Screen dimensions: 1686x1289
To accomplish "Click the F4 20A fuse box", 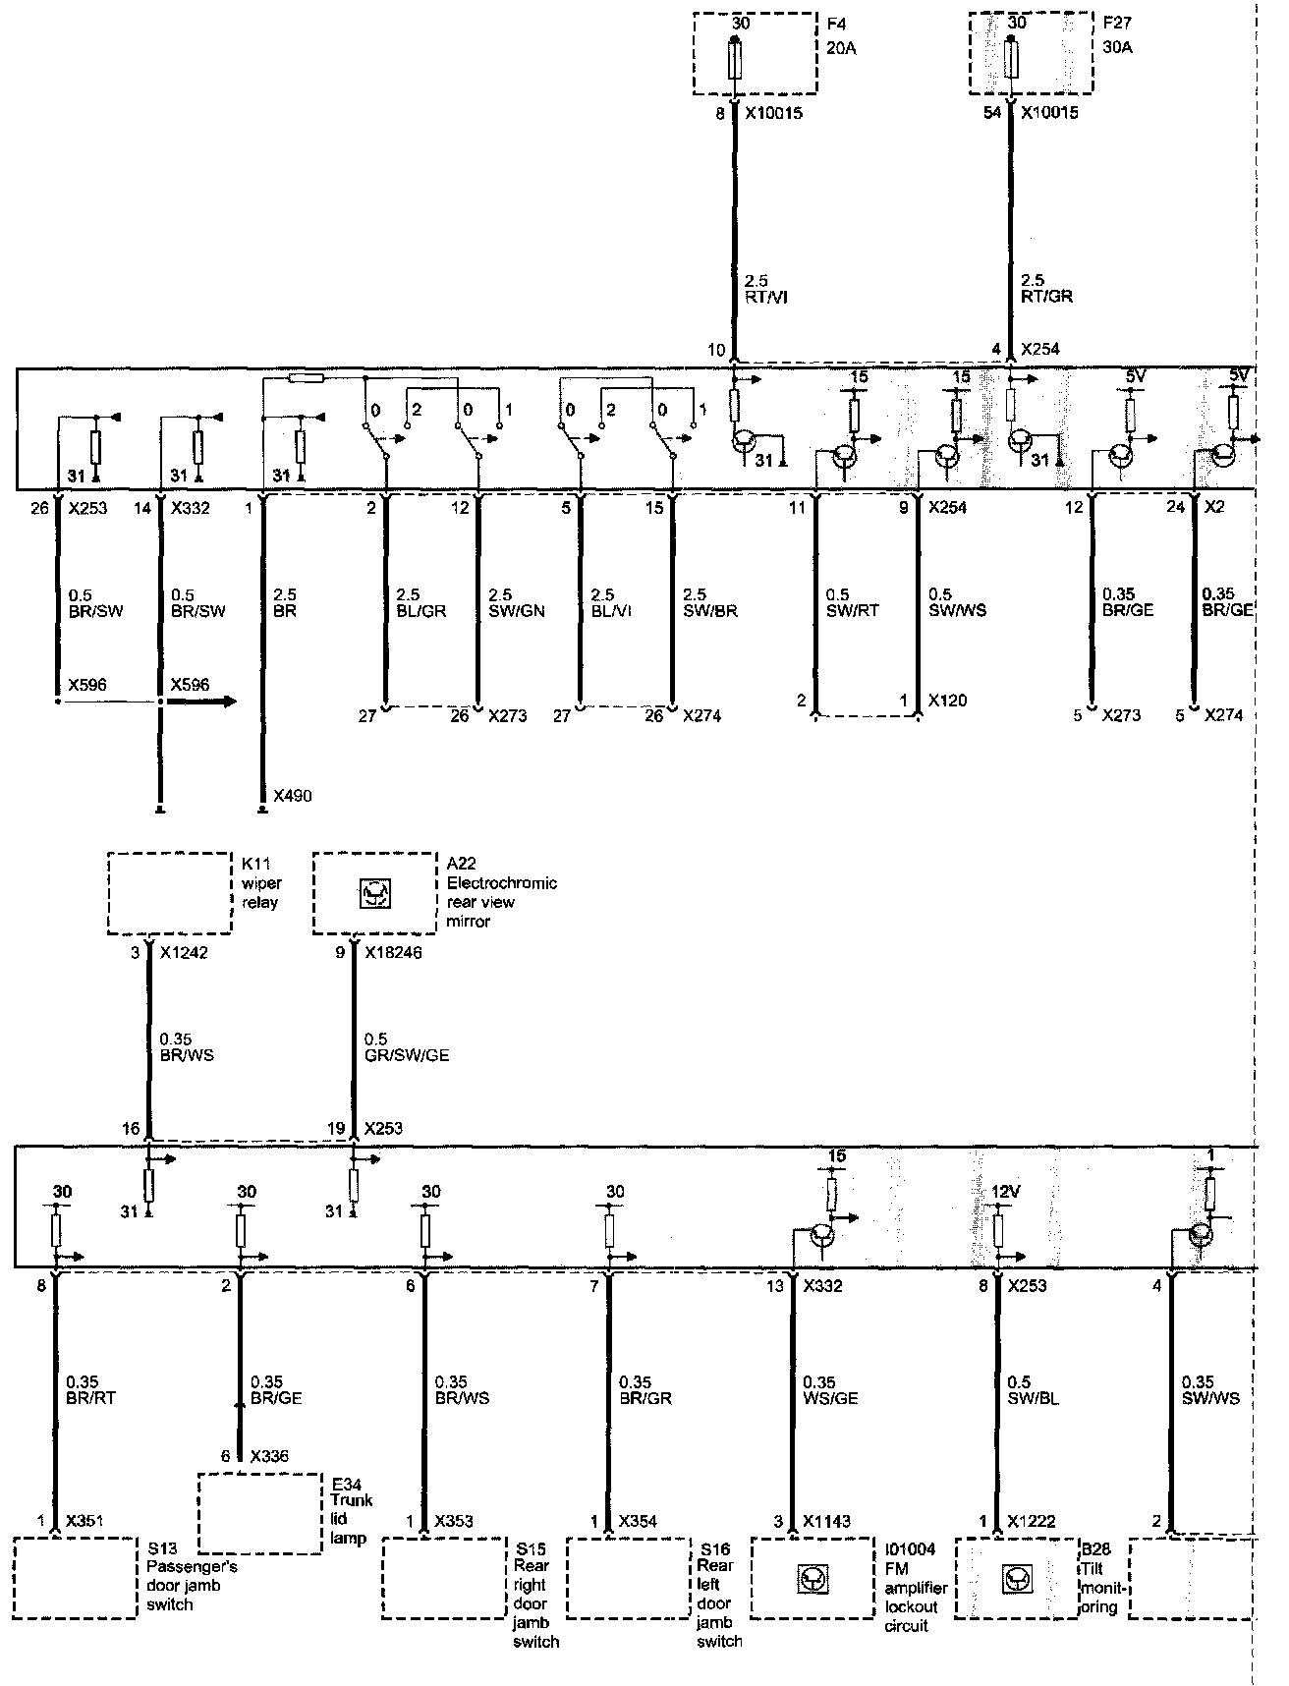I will tap(755, 53).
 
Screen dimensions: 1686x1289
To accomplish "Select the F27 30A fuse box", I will tap(1031, 53).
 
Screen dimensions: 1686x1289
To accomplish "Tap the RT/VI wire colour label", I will tap(767, 296).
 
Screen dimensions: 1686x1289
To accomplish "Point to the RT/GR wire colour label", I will tap(1046, 296).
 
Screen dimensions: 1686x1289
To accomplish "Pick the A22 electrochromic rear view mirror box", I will tap(374, 893).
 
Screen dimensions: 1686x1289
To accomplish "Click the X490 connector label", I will tap(293, 795).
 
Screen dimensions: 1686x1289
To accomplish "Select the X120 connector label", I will tap(947, 701).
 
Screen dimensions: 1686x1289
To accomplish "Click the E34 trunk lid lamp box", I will tap(260, 1513).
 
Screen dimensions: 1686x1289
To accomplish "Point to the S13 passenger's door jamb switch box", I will tap(77, 1579).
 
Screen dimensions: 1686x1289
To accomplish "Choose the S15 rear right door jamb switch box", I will tap(443, 1579).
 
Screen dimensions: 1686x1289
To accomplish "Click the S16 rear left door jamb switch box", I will tap(628, 1579).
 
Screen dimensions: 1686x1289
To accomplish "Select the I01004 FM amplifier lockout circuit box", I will tap(813, 1579).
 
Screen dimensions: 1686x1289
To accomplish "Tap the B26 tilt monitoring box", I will tap(1016, 1579).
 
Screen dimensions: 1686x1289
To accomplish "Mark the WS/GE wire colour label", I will tap(831, 1397).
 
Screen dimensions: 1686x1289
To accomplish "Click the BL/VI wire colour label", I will tap(612, 610).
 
